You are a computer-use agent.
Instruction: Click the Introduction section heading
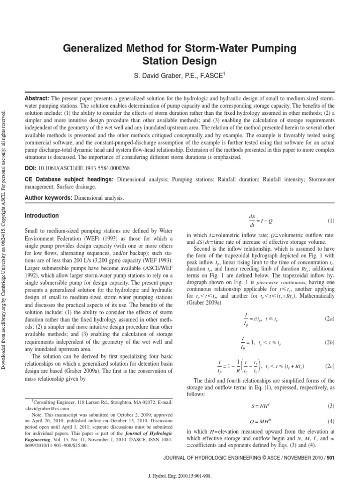pyautogui.click(x=41, y=216)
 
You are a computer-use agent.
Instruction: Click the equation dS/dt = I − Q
pyautogui.click(x=257, y=220)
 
